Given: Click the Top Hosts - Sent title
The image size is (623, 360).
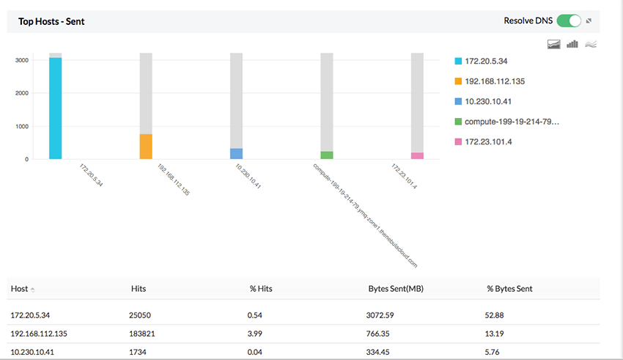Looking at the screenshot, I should click(x=51, y=21).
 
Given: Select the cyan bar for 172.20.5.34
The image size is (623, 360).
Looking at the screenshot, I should click(x=56, y=108).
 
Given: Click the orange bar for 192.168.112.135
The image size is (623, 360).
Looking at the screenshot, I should click(x=146, y=147).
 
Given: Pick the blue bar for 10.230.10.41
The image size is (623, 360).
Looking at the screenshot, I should click(x=236, y=154).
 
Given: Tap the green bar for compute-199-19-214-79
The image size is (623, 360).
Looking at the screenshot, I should click(x=327, y=155).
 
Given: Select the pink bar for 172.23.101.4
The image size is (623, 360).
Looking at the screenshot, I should click(x=417, y=155).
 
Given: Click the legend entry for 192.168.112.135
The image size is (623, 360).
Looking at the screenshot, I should click(x=494, y=81).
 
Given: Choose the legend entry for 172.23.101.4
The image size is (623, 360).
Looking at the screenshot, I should click(x=488, y=141).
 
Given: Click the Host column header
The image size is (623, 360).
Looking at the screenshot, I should click(x=20, y=289).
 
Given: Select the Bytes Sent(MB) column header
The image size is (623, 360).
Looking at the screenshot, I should click(x=395, y=289).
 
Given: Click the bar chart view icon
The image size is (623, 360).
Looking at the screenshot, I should click(x=572, y=44).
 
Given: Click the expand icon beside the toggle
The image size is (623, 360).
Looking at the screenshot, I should click(x=589, y=21).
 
